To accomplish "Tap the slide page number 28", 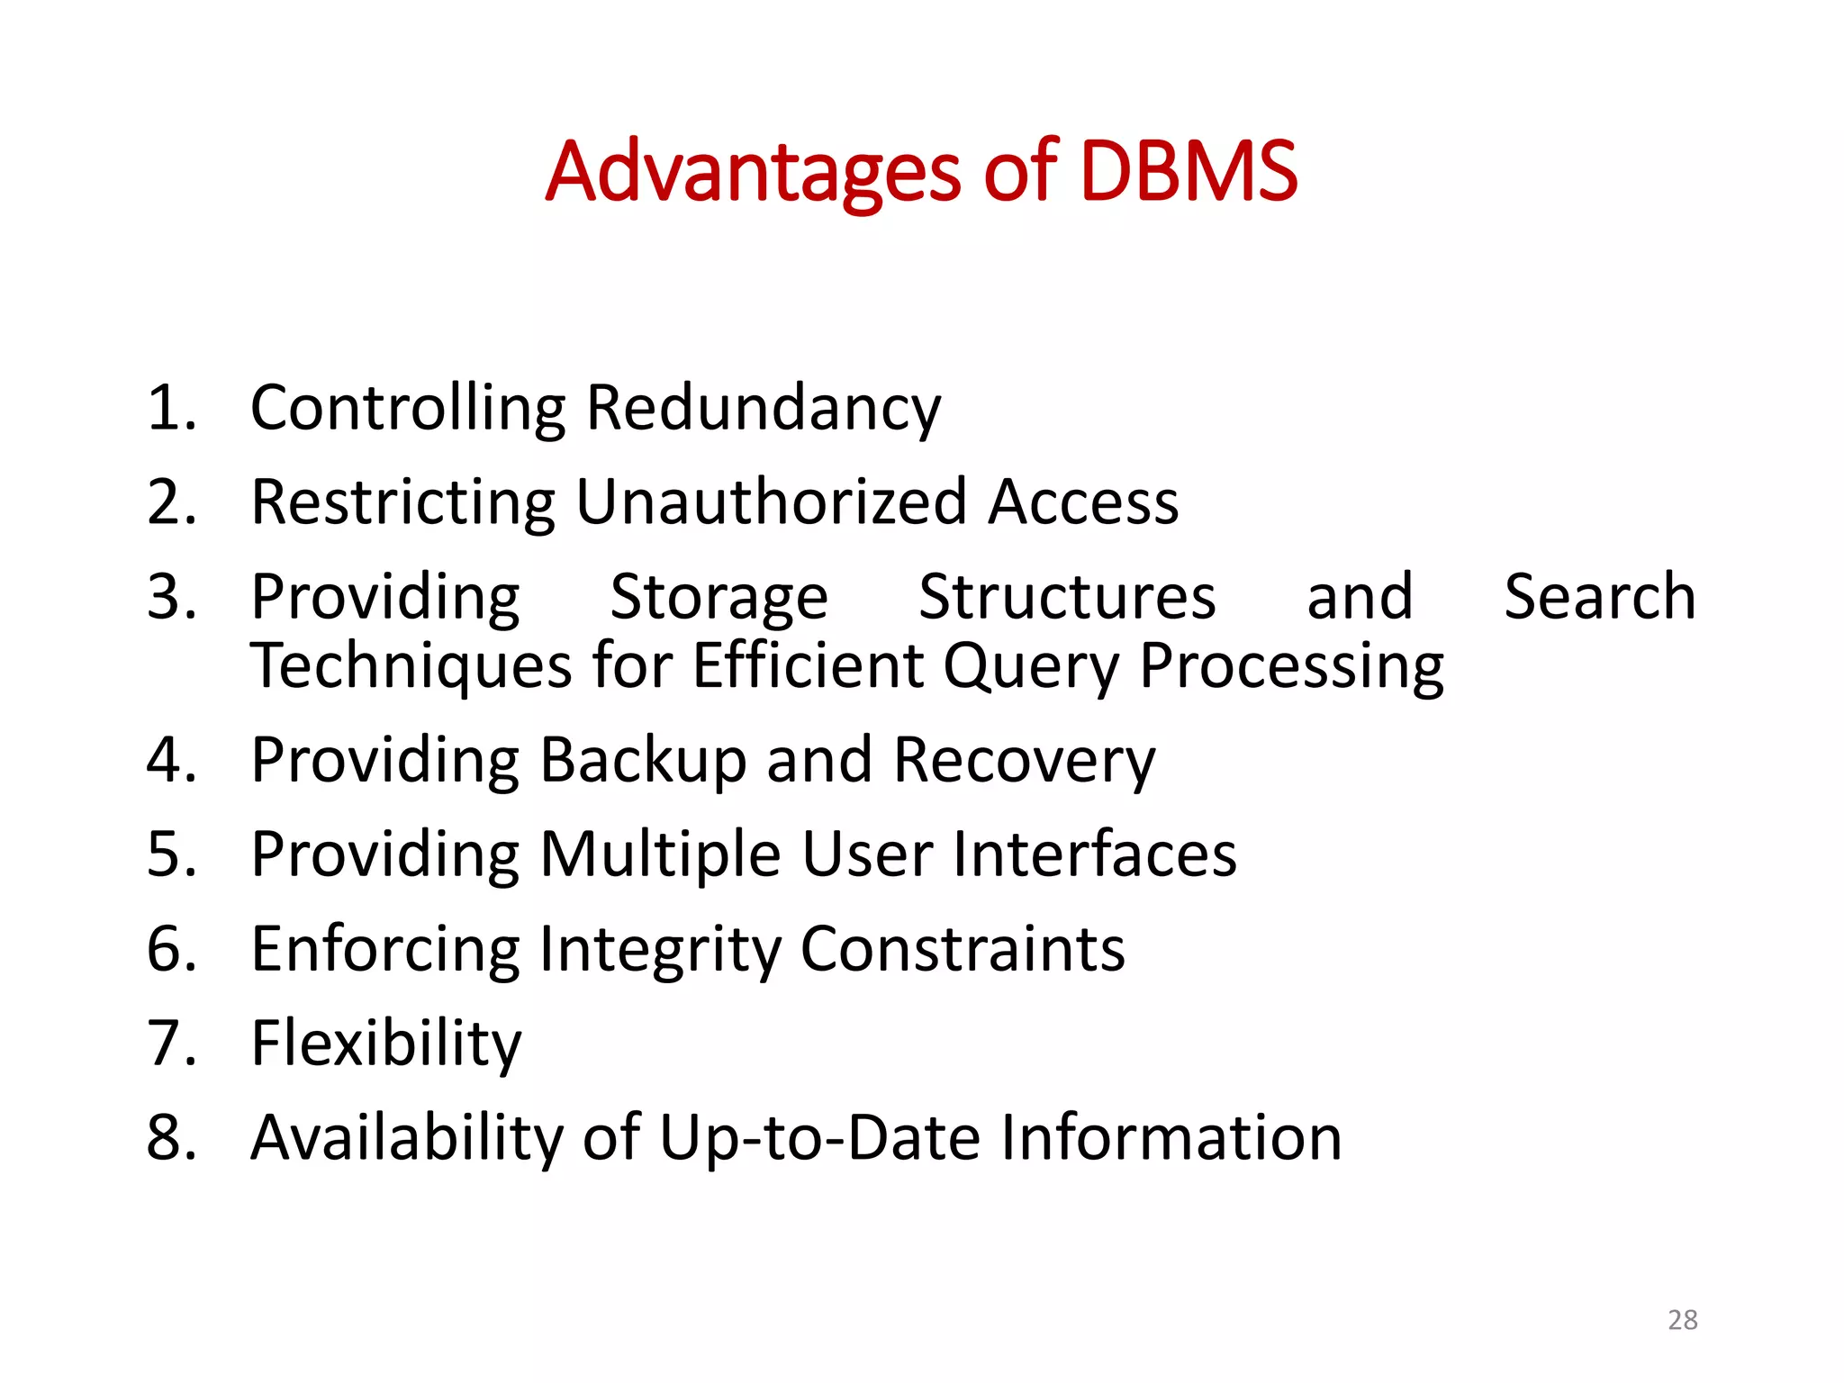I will click(x=1682, y=1320).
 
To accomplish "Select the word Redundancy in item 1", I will click(x=764, y=409).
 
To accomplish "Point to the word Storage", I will click(x=719, y=598).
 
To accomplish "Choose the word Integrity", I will click(x=660, y=950).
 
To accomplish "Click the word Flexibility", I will click(x=386, y=1044).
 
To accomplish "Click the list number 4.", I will click(x=169, y=761).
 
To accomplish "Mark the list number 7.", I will click(x=169, y=1044).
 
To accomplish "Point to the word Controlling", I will click(x=408, y=409).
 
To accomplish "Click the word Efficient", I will click(x=808, y=667).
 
